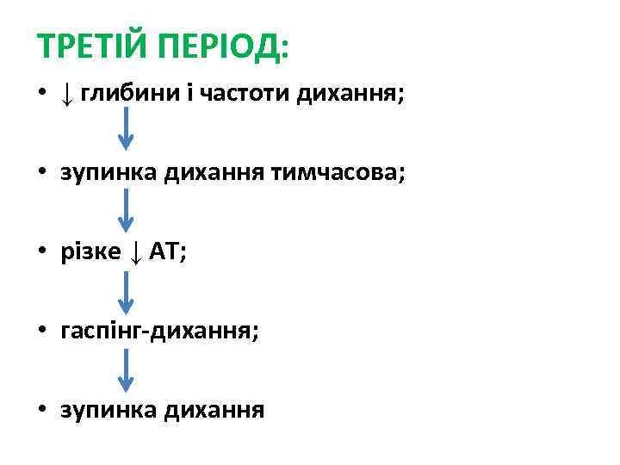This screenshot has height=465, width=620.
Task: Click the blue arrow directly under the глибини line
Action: click(126, 131)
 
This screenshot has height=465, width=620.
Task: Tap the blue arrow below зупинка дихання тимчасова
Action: click(126, 210)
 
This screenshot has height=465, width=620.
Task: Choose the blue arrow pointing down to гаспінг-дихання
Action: click(126, 290)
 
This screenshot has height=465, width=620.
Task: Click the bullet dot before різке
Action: click(43, 252)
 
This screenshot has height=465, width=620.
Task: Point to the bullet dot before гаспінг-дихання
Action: click(43, 332)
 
